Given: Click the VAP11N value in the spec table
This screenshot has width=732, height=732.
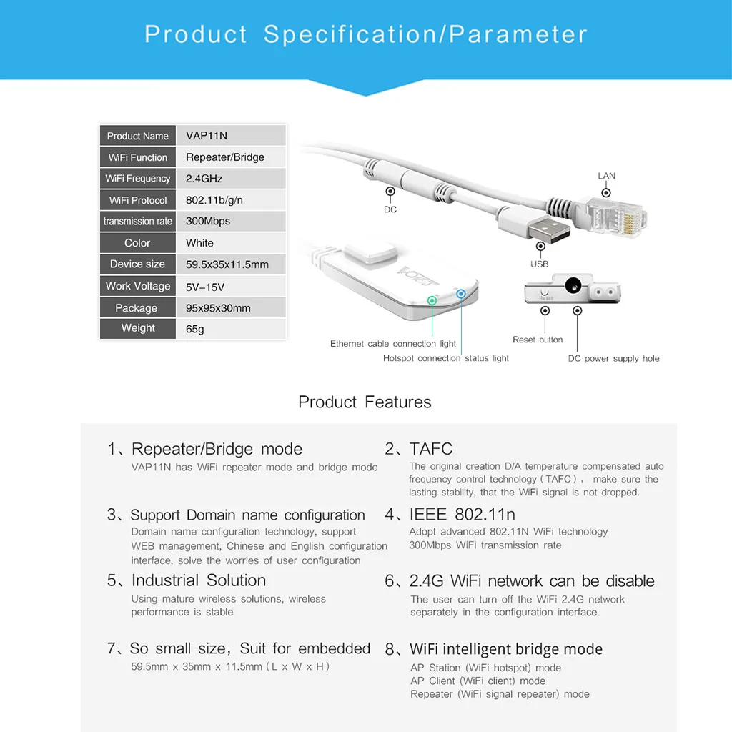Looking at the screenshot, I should (x=207, y=136).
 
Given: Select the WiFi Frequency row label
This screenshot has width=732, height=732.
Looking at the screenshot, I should (x=138, y=179).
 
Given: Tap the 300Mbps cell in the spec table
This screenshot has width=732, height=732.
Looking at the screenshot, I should (x=208, y=222).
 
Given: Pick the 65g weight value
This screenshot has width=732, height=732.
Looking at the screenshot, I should (x=195, y=330).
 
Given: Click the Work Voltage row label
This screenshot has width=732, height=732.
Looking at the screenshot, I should (x=138, y=286).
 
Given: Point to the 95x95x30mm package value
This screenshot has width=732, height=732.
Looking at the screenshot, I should (x=218, y=308).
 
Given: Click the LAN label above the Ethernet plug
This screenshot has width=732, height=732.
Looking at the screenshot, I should (x=606, y=176).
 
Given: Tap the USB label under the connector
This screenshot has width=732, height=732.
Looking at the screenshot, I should (x=540, y=264).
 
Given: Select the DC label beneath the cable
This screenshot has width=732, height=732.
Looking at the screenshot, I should (x=390, y=209).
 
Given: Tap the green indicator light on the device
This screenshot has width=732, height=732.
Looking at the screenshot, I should (x=432, y=300).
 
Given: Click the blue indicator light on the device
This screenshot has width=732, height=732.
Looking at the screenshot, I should (x=461, y=294).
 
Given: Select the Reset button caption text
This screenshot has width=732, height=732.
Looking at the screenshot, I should (x=538, y=340).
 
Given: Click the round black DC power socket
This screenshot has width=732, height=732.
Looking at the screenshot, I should (x=573, y=285).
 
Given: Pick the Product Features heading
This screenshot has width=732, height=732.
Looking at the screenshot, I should (x=365, y=402).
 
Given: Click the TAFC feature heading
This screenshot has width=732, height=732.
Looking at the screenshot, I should (x=431, y=449).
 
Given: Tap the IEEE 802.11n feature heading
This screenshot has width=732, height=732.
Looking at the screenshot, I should (x=462, y=515).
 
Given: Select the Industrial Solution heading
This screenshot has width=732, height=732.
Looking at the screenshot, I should (x=198, y=580).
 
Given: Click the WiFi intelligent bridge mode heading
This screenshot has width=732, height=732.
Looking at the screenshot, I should (x=505, y=649).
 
